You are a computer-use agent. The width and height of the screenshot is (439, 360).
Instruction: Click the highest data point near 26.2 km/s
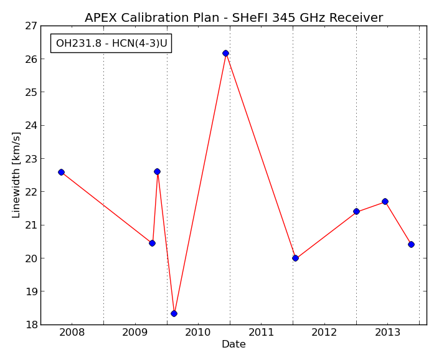point(225,53)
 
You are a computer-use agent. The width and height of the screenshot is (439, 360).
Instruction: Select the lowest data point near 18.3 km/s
point(174,313)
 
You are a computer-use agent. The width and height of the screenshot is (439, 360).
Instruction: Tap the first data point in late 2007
point(61,172)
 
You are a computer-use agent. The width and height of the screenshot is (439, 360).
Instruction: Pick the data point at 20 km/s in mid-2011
point(295,258)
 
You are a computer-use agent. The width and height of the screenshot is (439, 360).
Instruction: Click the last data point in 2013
point(411,244)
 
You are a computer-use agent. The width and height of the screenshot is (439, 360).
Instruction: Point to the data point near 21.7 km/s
point(385,202)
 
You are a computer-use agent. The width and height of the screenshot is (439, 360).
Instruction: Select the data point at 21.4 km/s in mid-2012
point(356,211)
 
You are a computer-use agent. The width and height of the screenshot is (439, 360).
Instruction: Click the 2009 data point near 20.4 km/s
point(153,244)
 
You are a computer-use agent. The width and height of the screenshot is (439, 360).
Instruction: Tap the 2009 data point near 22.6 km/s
point(157,172)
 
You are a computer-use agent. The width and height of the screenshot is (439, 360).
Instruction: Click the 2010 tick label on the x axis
point(198,333)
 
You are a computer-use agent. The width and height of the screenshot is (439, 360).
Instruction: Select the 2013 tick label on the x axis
point(387,333)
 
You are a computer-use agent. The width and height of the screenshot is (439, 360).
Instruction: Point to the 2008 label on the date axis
point(72,333)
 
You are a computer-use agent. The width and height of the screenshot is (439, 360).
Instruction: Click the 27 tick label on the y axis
point(31,26)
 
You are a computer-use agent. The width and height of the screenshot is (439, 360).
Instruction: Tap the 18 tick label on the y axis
point(31,324)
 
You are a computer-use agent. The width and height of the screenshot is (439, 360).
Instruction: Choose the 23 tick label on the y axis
point(31,159)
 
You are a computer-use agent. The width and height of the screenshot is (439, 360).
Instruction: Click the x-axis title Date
point(234,344)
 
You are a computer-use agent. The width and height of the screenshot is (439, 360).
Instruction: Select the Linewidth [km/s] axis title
point(16,175)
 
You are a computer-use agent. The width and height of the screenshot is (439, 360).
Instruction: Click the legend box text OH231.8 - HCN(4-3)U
point(111,44)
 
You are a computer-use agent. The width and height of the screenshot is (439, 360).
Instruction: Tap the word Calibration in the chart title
point(170,17)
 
